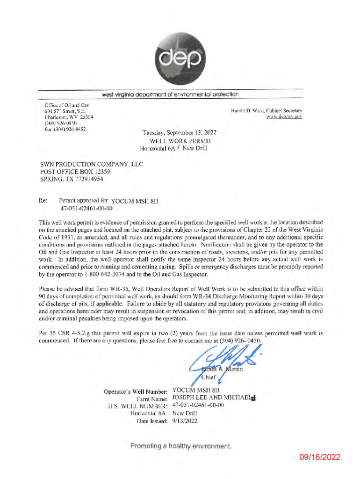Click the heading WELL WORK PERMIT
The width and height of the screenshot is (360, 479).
pyautogui.click(x=180, y=140)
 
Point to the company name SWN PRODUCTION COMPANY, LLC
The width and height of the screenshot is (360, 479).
pyautogui.click(x=92, y=164)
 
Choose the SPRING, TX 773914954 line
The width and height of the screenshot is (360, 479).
pyautogui.click(x=72, y=179)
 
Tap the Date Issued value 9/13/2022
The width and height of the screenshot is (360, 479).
pyautogui.click(x=185, y=421)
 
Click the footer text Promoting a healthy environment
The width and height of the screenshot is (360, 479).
pyautogui.click(x=180, y=446)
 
